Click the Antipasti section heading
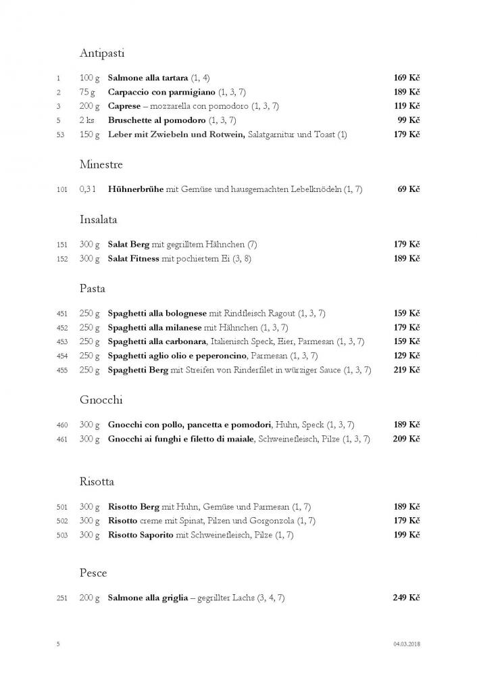point(102,53)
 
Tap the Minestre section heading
point(101,164)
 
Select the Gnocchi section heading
point(101,400)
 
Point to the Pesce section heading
point(93,573)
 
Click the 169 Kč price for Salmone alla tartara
point(407,78)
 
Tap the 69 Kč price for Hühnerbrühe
point(409,189)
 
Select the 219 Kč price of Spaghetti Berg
point(407,370)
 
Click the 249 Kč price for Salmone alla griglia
point(407,598)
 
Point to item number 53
point(60,135)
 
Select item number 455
point(61,370)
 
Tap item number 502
point(61,521)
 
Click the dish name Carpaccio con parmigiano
point(161,92)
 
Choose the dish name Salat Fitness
point(134,258)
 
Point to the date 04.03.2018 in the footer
point(407,644)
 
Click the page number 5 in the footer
point(58,644)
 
